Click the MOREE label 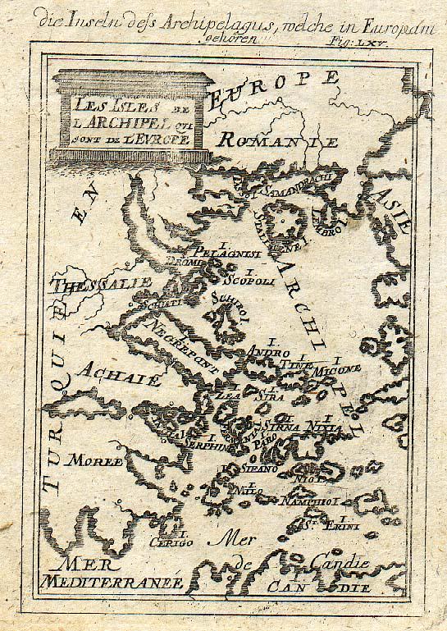(95, 460)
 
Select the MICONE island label (332, 370)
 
